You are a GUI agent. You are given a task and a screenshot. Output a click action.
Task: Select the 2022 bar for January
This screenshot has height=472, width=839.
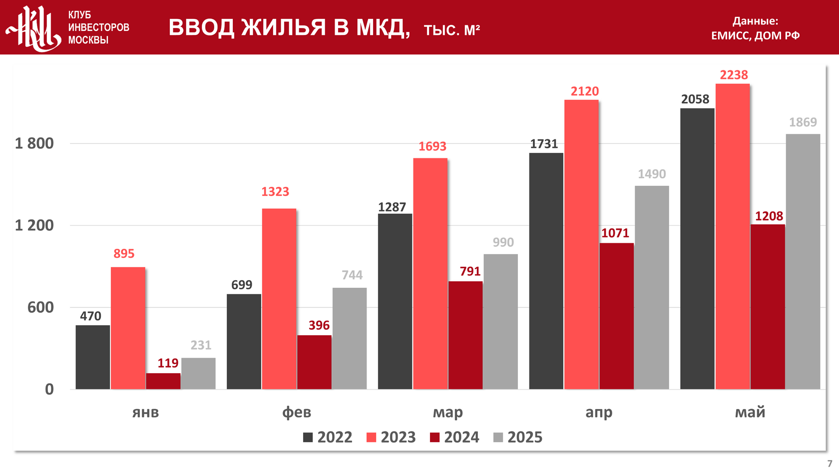93,357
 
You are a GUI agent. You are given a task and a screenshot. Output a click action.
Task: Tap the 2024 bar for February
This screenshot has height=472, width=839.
314,362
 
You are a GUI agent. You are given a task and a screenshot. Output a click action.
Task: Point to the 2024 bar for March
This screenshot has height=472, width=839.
465,335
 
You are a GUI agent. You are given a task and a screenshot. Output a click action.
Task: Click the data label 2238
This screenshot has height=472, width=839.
734,75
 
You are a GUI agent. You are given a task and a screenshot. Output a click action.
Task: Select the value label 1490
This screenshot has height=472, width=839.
652,174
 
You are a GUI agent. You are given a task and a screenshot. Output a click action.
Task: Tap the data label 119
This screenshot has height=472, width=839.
168,363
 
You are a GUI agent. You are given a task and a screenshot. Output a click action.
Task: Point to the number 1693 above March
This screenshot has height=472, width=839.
432,146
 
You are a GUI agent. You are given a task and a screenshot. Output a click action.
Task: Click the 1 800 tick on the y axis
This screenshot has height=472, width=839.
34,143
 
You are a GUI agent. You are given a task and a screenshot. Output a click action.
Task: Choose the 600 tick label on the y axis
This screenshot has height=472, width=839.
40,307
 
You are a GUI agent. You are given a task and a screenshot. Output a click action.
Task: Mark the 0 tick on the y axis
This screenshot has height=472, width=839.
49,389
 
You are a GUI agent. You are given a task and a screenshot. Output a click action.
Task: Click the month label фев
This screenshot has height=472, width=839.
297,412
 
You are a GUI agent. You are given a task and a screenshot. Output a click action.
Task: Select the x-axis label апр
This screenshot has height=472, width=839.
599,412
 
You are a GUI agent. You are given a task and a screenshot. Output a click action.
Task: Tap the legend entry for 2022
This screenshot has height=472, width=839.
328,438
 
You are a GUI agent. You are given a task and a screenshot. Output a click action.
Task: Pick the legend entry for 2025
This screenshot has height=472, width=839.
518,438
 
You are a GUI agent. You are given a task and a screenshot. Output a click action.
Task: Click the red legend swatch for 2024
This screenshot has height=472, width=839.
435,438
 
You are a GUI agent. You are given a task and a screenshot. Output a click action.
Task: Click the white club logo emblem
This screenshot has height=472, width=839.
34,28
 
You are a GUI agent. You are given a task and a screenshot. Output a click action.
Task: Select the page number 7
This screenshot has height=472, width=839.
830,464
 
